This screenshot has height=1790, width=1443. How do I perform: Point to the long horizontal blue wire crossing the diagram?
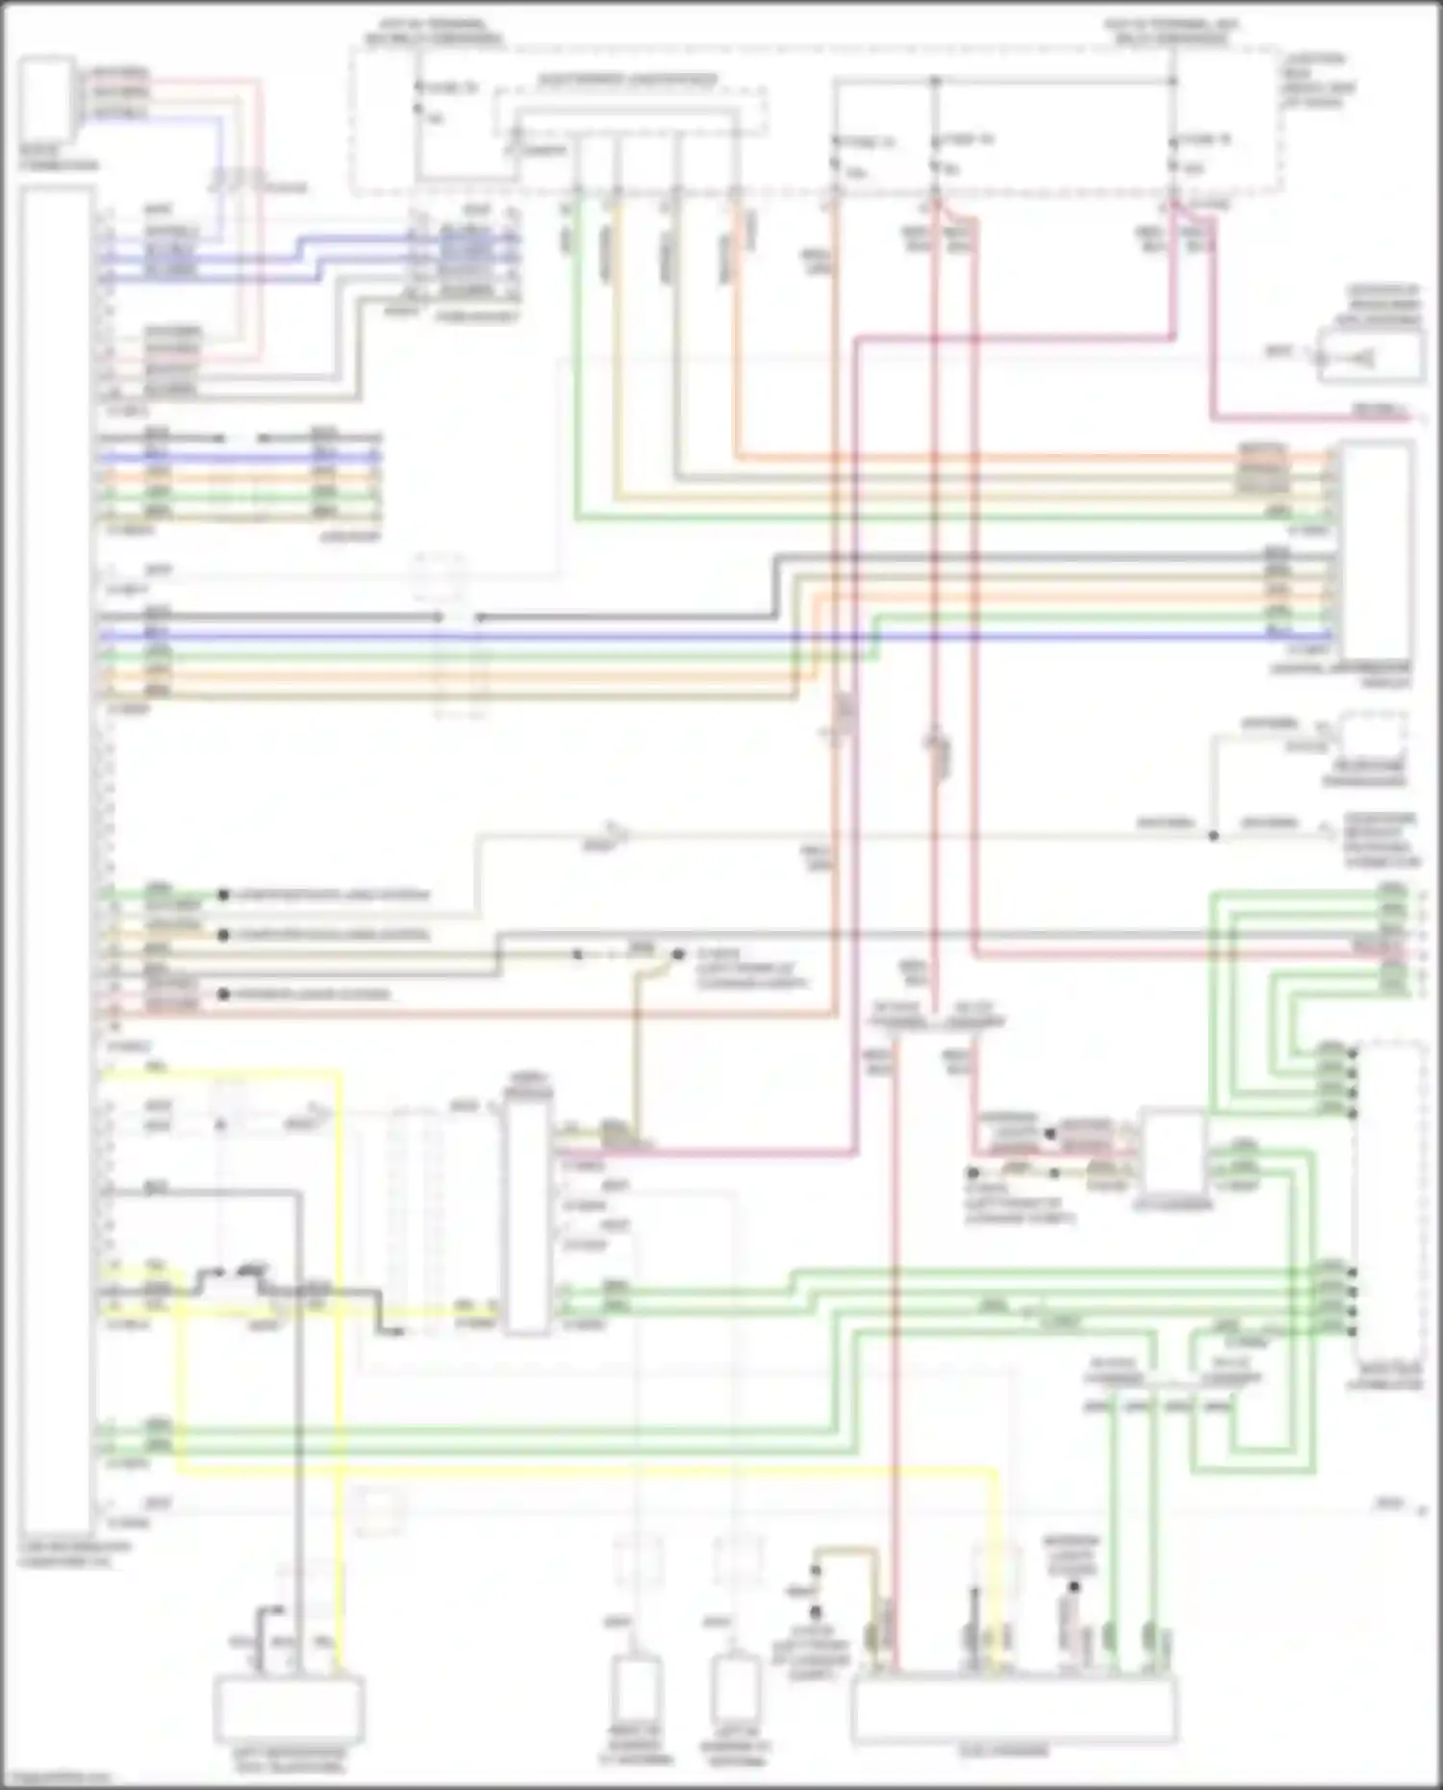pyautogui.click(x=673, y=636)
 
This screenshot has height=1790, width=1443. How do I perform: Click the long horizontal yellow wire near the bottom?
pyautogui.click(x=577, y=1472)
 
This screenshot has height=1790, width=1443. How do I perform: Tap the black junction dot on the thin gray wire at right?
pyautogui.click(x=1214, y=836)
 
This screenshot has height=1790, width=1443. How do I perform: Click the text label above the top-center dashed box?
pyautogui.click(x=626, y=80)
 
